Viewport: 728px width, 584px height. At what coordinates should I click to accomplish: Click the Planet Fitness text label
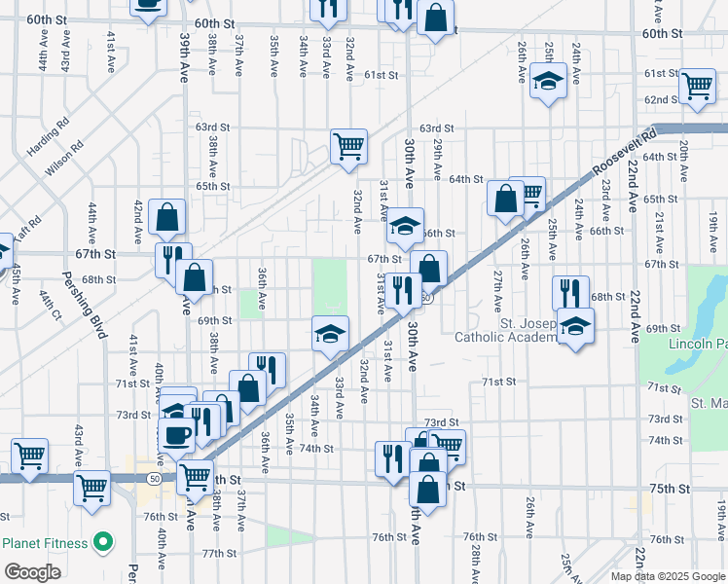[x=46, y=543]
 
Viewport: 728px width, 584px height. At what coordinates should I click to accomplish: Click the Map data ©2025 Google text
[x=667, y=576]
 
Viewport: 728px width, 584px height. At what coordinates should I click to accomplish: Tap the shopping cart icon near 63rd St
[x=348, y=146]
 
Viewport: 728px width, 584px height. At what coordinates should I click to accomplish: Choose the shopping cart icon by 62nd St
[x=697, y=86]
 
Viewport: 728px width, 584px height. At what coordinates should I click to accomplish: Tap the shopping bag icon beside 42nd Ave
[x=168, y=218]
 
